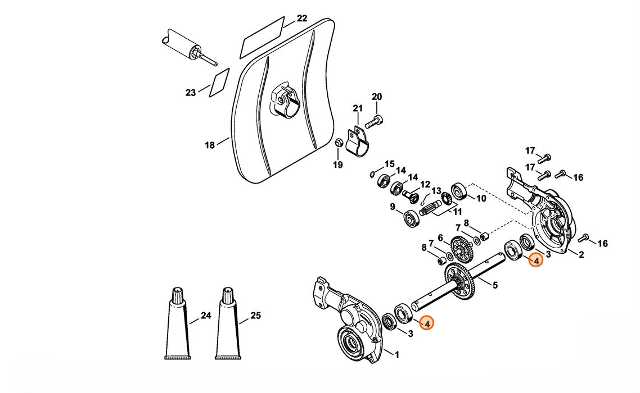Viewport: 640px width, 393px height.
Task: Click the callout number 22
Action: pos(301,19)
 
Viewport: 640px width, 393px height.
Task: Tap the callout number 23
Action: pos(191,93)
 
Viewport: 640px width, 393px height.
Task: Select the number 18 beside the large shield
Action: pos(209,145)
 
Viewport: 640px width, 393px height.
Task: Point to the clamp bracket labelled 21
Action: pos(357,141)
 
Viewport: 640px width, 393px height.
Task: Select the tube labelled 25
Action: pos(228,324)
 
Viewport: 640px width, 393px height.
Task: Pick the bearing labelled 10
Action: pos(459,191)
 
